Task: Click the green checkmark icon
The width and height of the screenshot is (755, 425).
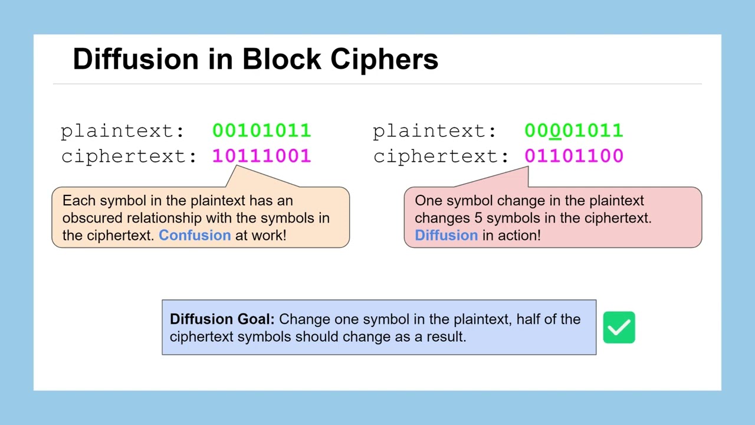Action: (x=619, y=328)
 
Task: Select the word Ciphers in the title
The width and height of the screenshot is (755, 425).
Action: (x=384, y=59)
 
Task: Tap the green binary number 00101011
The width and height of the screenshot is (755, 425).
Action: (x=261, y=130)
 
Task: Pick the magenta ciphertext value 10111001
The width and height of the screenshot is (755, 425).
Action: (x=261, y=156)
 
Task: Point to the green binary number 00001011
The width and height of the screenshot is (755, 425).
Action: (x=573, y=130)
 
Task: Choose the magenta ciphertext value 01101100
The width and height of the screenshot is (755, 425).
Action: (x=573, y=156)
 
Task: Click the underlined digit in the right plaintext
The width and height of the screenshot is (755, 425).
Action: (x=555, y=130)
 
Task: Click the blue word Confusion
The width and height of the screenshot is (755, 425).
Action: (x=195, y=235)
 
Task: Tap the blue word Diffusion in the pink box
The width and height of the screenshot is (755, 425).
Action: (x=446, y=235)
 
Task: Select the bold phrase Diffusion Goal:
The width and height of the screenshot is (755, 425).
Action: (x=222, y=319)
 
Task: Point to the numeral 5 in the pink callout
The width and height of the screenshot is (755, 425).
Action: (x=478, y=218)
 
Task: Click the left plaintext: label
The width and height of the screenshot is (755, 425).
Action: (x=123, y=130)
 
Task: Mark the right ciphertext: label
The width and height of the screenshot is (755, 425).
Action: (x=441, y=156)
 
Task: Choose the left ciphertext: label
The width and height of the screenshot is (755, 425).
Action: (x=129, y=156)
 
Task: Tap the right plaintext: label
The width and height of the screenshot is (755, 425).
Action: (x=435, y=130)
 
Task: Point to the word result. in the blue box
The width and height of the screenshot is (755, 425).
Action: (x=449, y=336)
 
